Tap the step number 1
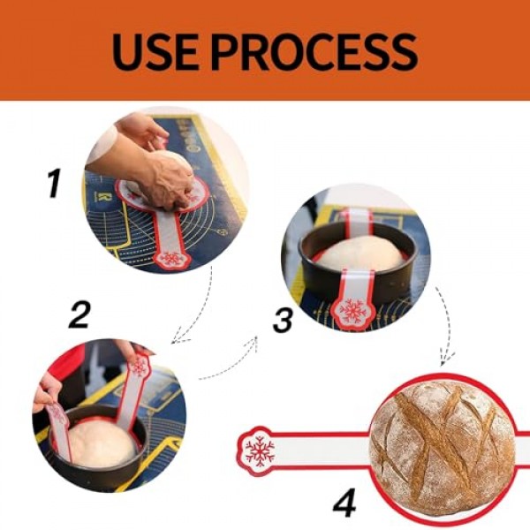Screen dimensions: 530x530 click(54, 183)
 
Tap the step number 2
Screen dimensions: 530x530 click(79, 314)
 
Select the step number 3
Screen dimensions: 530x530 click(283, 322)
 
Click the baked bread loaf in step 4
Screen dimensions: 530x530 click(443, 447)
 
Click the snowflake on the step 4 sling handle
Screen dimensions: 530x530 click(260, 451)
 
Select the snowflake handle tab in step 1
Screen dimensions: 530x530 click(171, 259)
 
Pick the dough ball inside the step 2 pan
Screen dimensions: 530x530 click(102, 443)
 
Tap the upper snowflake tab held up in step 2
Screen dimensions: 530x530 click(139, 365)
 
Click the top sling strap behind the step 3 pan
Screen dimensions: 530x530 click(359, 222)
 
